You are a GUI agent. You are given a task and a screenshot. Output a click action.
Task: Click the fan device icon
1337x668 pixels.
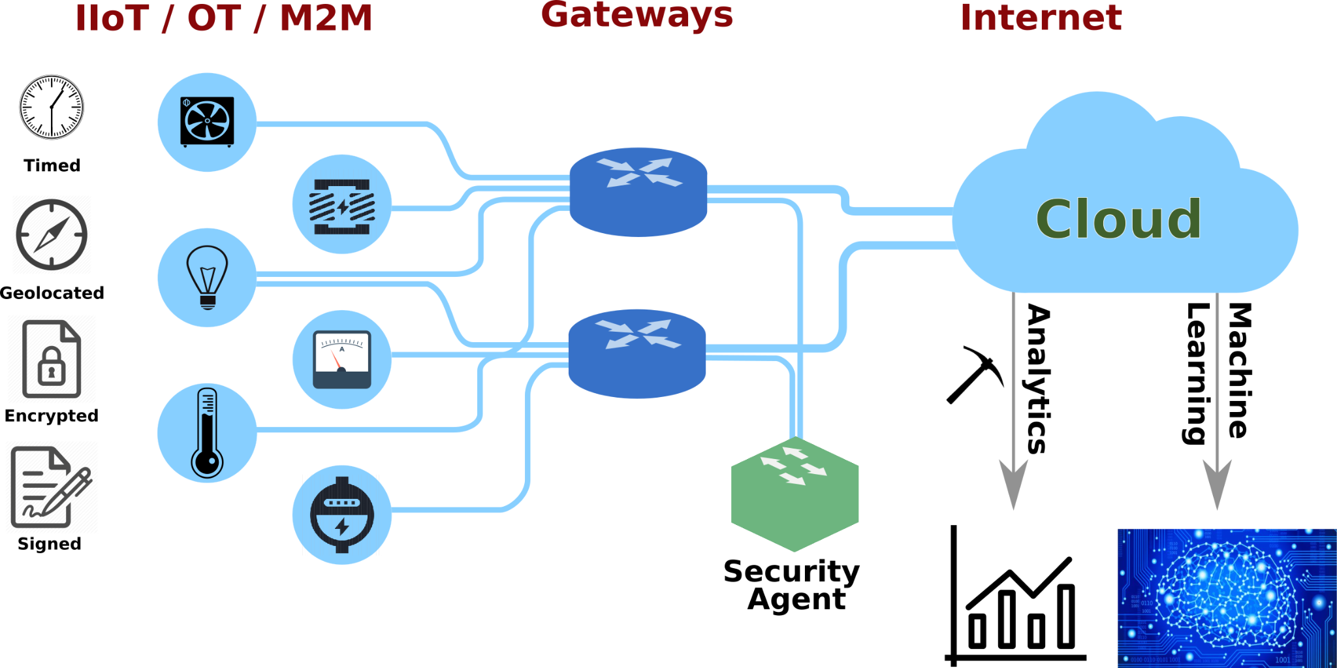click(207, 122)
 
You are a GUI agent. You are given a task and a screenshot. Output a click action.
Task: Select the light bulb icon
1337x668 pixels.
click(207, 277)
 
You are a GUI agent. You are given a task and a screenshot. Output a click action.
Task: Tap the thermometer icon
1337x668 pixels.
click(207, 433)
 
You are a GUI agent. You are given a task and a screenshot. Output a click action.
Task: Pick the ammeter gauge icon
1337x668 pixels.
click(341, 360)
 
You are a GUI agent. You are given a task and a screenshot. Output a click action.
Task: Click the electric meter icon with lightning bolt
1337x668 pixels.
click(341, 515)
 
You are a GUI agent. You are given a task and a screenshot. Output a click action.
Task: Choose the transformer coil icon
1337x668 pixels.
click(341, 205)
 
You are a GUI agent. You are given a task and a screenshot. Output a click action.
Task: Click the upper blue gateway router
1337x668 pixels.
click(638, 191)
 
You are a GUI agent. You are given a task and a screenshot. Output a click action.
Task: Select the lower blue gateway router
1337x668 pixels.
click(637, 353)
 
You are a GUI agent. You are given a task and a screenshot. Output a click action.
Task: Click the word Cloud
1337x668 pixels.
click(1118, 219)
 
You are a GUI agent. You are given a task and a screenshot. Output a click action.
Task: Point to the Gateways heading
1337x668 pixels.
click(637, 15)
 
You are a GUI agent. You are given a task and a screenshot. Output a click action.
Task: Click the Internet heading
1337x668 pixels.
click(1041, 18)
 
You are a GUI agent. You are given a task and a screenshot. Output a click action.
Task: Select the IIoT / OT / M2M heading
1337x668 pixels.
click(224, 18)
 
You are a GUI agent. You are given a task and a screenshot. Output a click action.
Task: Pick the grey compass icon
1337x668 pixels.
click(52, 234)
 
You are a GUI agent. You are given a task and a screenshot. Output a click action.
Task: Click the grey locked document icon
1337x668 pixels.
click(52, 359)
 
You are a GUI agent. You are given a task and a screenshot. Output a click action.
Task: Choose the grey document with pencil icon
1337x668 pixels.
click(52, 487)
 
